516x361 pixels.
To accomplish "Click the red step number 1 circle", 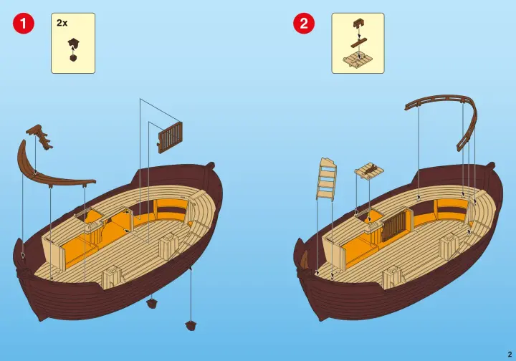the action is tap(24, 23).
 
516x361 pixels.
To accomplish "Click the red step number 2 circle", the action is tap(304, 23).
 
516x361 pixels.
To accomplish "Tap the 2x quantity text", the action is tap(62, 23).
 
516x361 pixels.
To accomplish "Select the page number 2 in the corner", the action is tap(510, 354).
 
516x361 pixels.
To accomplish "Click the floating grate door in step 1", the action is tap(170, 138).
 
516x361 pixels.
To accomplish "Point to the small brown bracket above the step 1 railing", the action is tap(40, 136).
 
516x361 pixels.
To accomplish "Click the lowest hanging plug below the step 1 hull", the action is tap(191, 325).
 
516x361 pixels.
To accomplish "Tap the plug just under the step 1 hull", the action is tap(152, 303).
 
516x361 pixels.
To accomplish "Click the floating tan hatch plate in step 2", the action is tap(369, 171).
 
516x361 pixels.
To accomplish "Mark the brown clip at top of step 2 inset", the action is tap(358, 24).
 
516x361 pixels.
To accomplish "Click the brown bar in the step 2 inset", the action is tap(358, 43).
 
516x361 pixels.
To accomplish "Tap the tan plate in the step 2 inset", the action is tap(358, 60).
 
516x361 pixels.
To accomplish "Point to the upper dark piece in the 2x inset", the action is tap(74, 43).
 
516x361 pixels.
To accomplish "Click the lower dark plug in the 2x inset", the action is tap(73, 57).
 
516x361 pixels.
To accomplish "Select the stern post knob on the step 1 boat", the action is tap(211, 165).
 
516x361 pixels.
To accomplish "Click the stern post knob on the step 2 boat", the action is tap(491, 165).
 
